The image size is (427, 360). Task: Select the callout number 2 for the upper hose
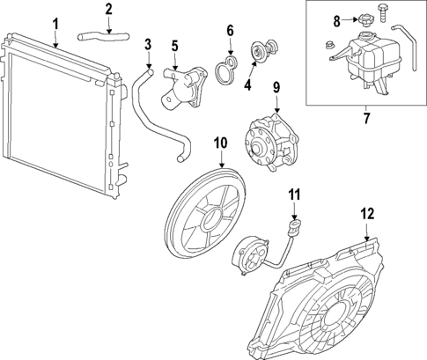coord(108,10)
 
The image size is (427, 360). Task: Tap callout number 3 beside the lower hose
coord(148,44)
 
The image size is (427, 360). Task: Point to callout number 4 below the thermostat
coord(248,85)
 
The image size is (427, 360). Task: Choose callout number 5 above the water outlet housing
coord(174,44)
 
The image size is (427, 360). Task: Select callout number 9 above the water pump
coord(275,87)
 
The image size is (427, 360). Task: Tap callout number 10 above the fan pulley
coord(219,141)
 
